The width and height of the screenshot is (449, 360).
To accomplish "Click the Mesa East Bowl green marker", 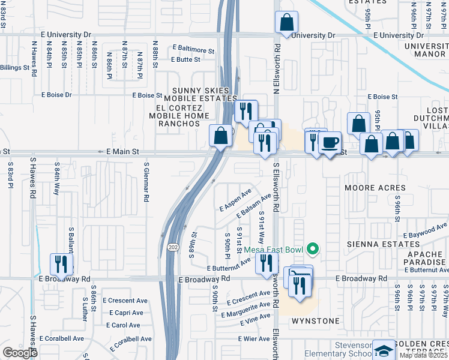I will pyautogui.click(x=312, y=248).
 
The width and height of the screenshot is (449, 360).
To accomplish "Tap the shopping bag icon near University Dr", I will pyautogui.click(x=287, y=22).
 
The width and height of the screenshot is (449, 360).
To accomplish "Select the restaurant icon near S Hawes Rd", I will pyautogui.click(x=61, y=263).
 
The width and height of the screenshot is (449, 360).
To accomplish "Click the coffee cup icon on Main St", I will pyautogui.click(x=330, y=142).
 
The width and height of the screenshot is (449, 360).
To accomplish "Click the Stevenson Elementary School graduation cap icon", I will pyautogui.click(x=383, y=350).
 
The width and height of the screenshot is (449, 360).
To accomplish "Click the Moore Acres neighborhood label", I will pyautogui.click(x=375, y=188).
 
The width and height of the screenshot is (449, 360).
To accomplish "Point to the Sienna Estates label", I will pyautogui.click(x=378, y=245).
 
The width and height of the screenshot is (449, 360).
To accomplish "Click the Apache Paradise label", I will pyautogui.click(x=424, y=259).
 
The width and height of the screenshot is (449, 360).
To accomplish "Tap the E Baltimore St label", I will pyautogui.click(x=193, y=47).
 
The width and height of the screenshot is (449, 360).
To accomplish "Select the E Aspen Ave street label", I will pyautogui.click(x=235, y=200).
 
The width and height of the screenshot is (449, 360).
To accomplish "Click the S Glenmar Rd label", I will pyautogui.click(x=146, y=181).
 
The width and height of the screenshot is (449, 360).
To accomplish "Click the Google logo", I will pyautogui.click(x=20, y=352).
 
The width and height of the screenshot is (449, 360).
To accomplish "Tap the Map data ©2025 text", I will pyautogui.click(x=423, y=355).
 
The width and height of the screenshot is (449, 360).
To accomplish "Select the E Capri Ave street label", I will pyautogui.click(x=126, y=313).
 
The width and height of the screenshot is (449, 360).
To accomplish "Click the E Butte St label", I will pyautogui.click(x=185, y=59).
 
